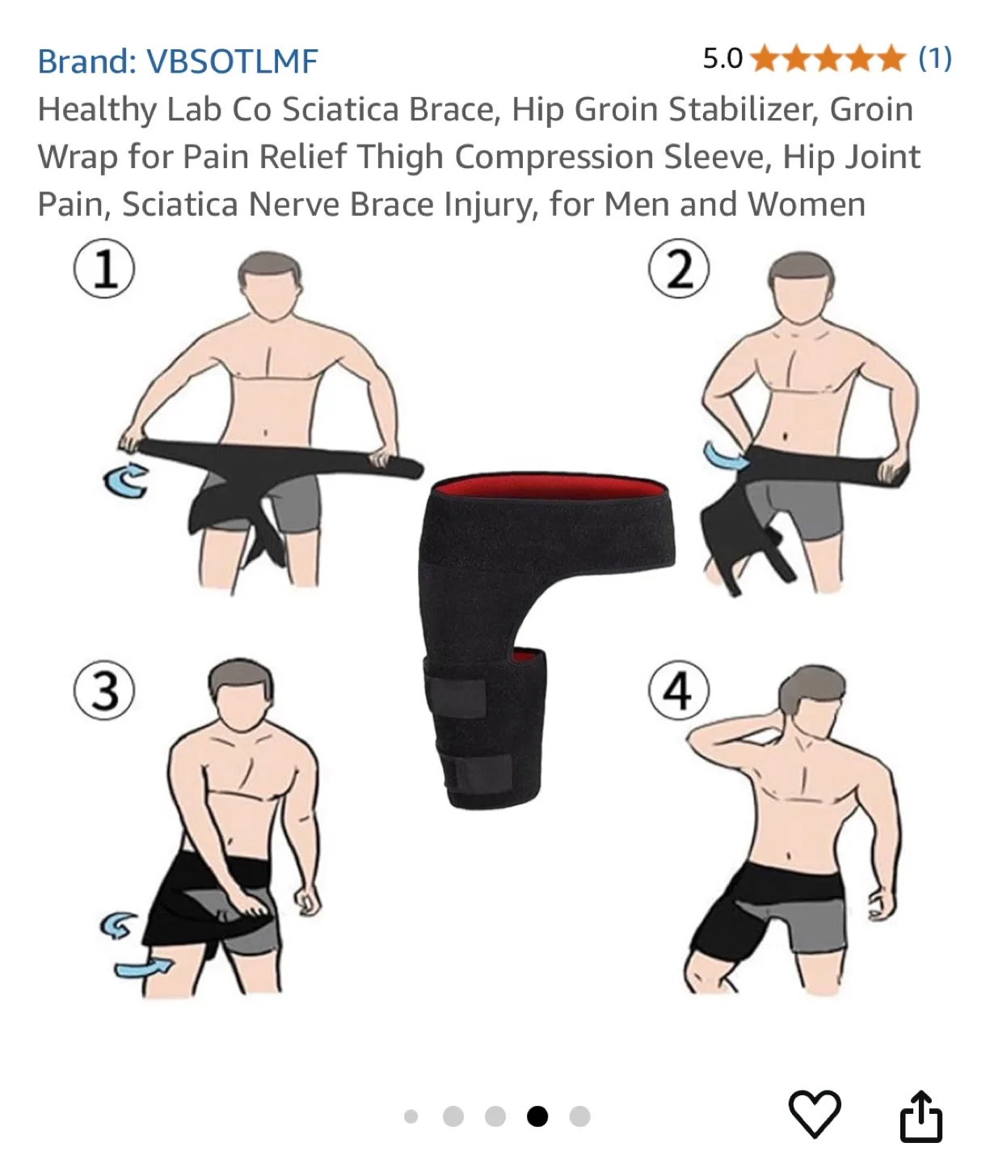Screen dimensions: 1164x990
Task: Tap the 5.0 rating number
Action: pyautogui.click(x=722, y=59)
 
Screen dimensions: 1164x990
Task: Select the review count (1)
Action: pyautogui.click(x=935, y=59)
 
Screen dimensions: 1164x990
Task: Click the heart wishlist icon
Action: pyautogui.click(x=814, y=1114)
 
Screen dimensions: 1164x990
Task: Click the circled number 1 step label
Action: pyautogui.click(x=104, y=268)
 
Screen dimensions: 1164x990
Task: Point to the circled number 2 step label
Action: pyautogui.click(x=679, y=269)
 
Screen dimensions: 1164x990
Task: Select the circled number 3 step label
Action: pyautogui.click(x=104, y=691)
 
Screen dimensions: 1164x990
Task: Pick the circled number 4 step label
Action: pyautogui.click(x=678, y=691)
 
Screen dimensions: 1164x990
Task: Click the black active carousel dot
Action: pyautogui.click(x=537, y=1116)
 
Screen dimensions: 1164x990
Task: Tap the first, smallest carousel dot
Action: pyautogui.click(x=411, y=1116)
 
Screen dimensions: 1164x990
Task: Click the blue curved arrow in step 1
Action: pyautogui.click(x=125, y=481)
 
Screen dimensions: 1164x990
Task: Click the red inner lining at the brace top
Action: pyautogui.click(x=550, y=490)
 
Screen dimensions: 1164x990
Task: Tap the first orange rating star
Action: pyautogui.click(x=765, y=59)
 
